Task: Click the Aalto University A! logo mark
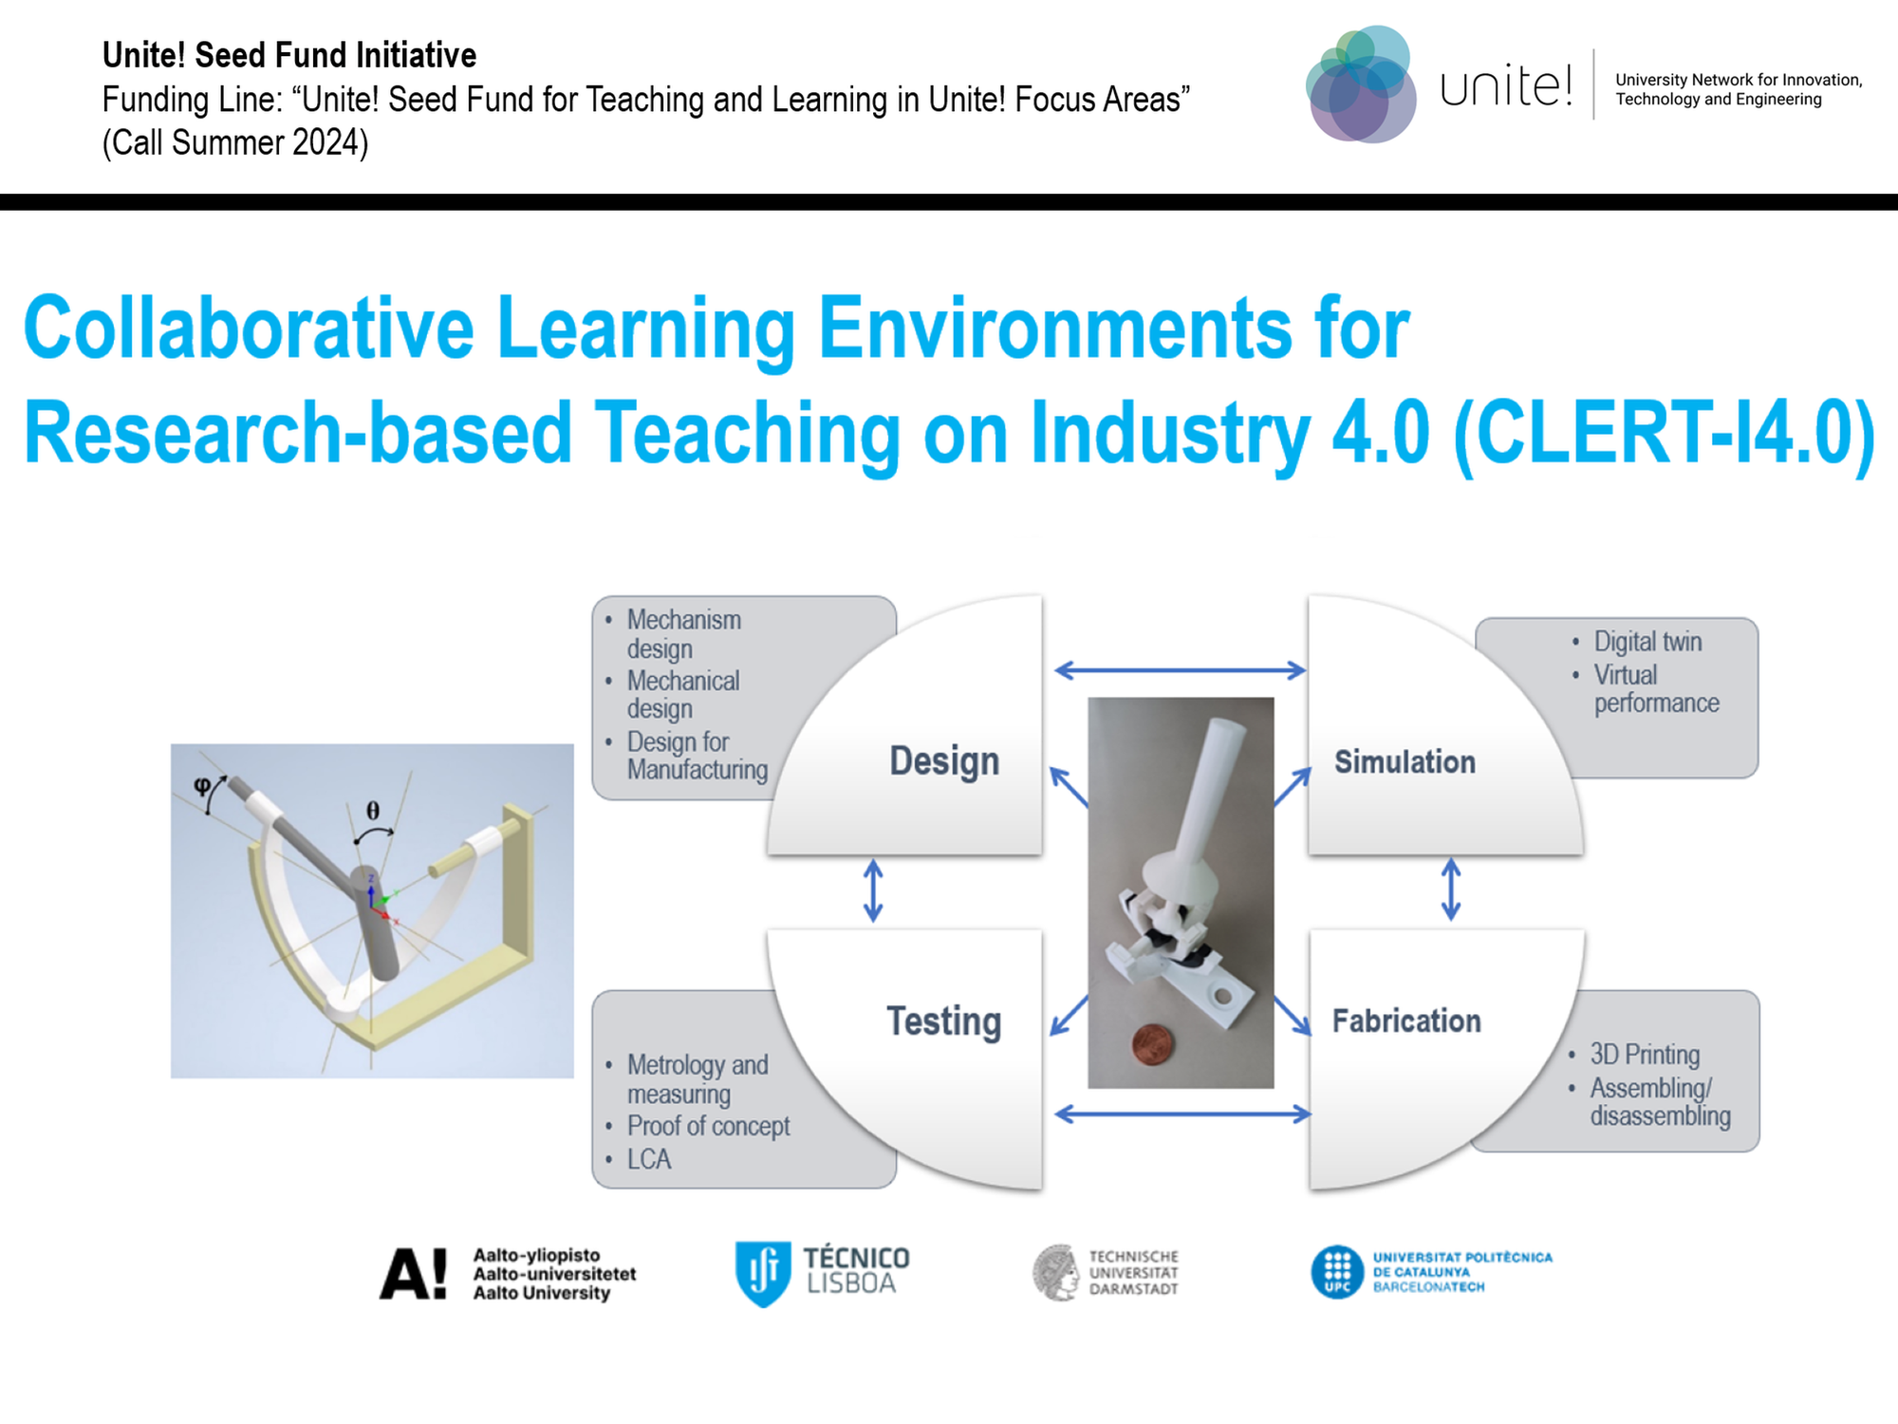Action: pos(413,1273)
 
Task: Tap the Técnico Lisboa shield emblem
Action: pos(763,1273)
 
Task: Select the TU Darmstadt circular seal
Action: pos(1056,1272)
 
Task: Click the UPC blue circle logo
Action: pos(1337,1272)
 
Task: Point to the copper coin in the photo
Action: pos(1153,1044)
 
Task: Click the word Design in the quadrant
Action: pos(944,761)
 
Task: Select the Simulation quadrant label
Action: pos(1405,761)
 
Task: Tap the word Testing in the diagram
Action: pos(944,1021)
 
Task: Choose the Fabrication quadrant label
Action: pos(1406,1021)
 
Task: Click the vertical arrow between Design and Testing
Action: pos(873,890)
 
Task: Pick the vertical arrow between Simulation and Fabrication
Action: pos(1451,890)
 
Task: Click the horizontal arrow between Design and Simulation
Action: pos(1181,670)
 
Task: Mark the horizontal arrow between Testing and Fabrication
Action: pos(1182,1114)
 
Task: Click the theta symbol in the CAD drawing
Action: pos(373,810)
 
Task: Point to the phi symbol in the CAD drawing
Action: pos(201,785)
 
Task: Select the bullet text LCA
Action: pos(649,1159)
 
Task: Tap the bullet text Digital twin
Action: pos(1647,642)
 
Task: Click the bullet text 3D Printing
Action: pos(1645,1055)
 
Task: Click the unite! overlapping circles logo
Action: pos(1361,84)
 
